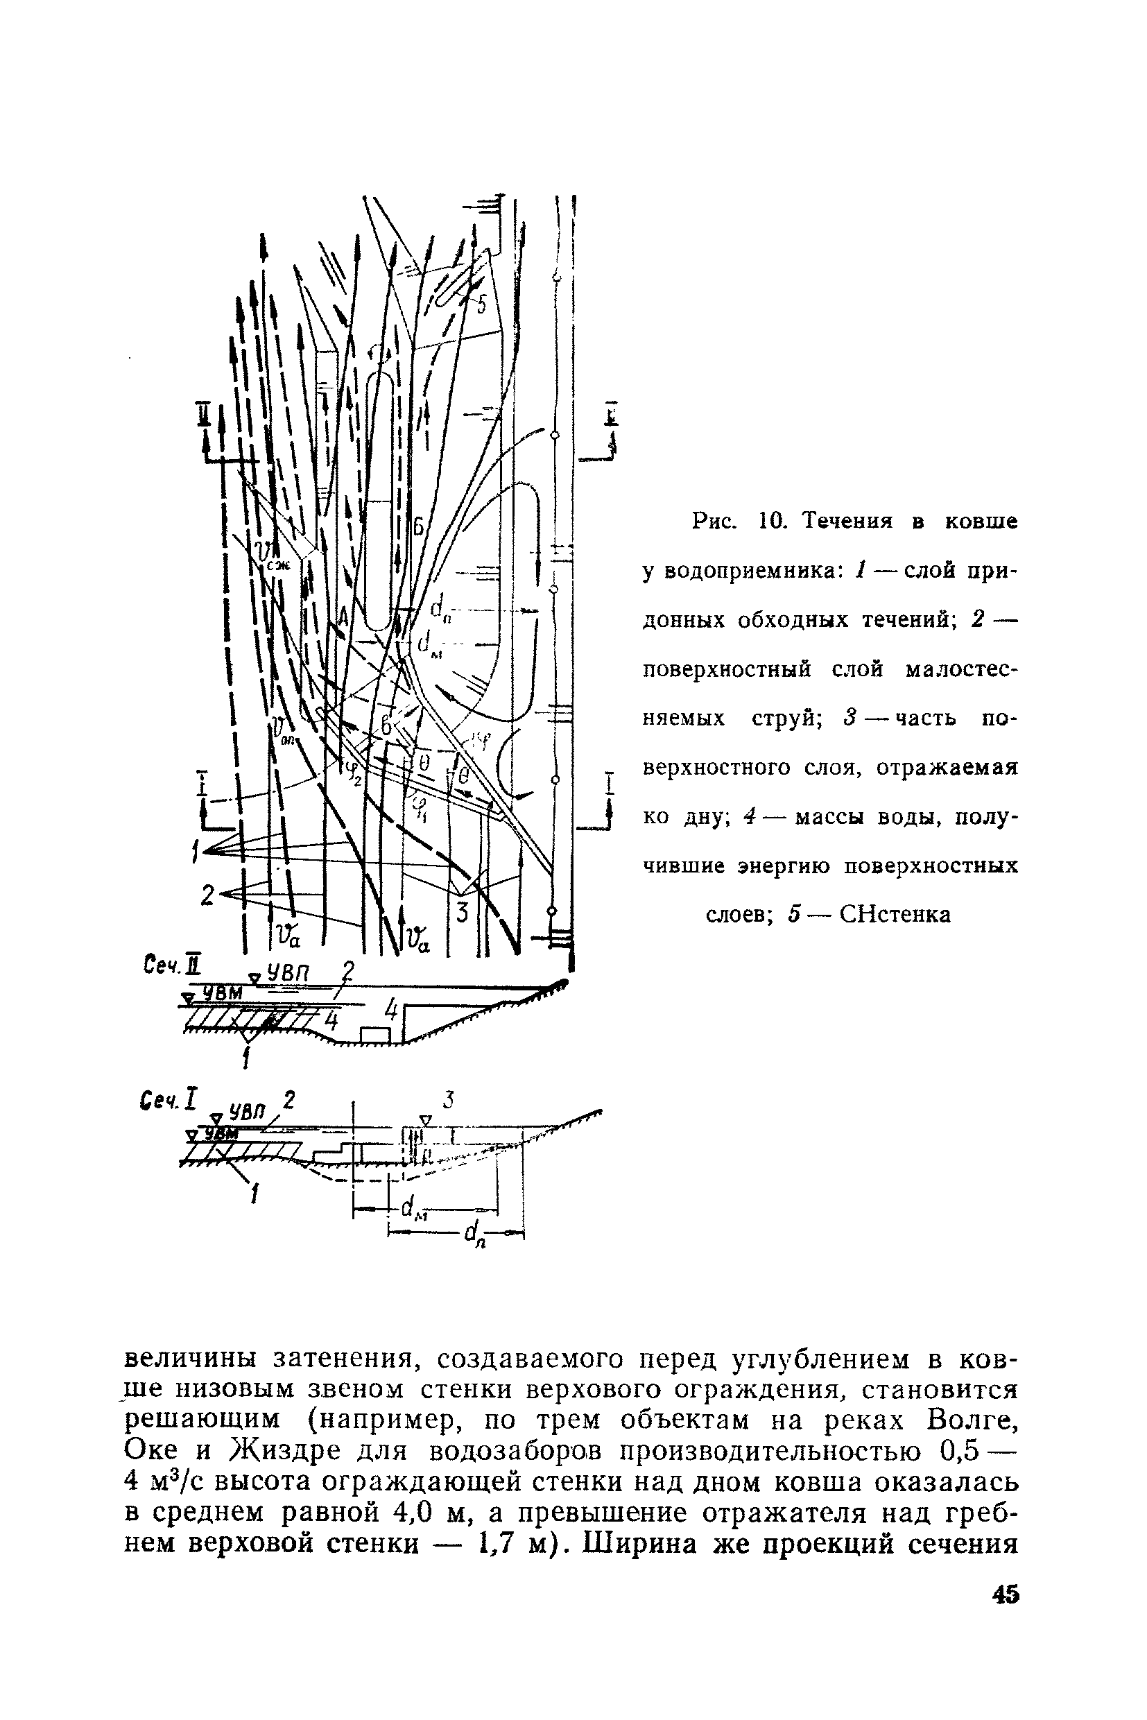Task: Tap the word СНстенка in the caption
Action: pos(895,915)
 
